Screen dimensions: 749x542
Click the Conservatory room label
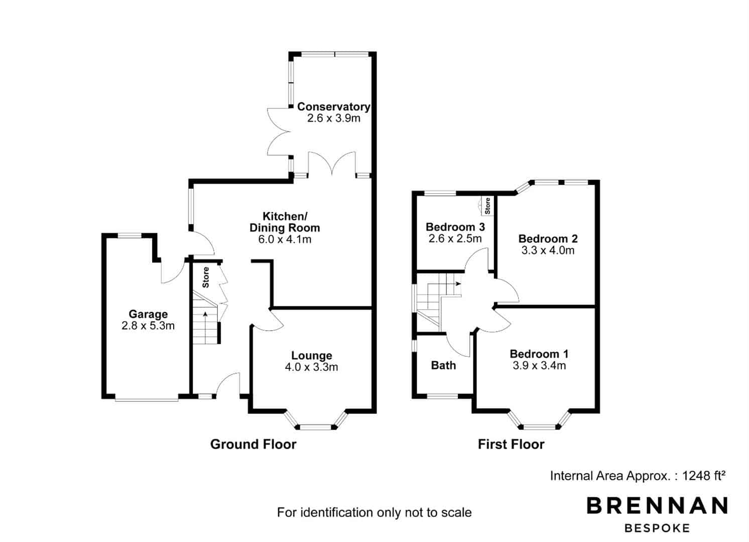click(334, 107)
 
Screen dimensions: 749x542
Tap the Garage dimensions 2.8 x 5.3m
click(148, 326)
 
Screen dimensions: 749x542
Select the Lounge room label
click(312, 356)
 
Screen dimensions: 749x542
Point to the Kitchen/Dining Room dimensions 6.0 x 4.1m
click(285, 239)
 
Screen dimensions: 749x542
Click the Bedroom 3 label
click(455, 227)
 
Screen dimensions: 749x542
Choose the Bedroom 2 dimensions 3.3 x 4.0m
click(548, 250)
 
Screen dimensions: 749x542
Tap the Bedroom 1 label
click(539, 354)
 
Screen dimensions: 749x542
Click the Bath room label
click(443, 365)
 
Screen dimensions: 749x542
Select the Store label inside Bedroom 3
click(487, 206)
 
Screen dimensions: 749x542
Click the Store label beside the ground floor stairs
click(206, 278)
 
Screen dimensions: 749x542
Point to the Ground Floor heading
click(253, 444)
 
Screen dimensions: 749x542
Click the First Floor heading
click(511, 444)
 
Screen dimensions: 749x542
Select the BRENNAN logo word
click(657, 505)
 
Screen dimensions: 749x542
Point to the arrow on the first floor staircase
click(454, 284)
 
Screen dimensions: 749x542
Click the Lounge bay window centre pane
click(315, 427)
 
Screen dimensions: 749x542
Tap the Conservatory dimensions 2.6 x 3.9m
click(334, 118)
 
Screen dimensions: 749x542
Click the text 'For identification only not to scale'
click(374, 512)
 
